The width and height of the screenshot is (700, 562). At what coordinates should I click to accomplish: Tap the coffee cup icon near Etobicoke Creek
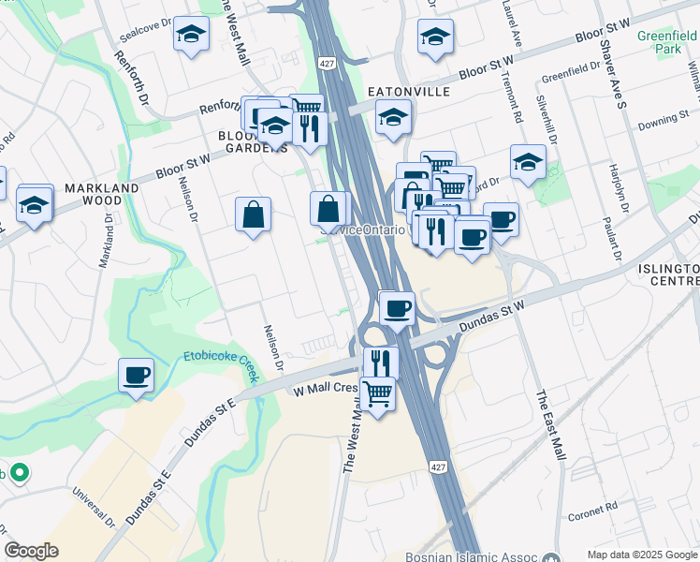point(137,376)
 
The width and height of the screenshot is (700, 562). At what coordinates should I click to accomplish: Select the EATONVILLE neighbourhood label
point(409,92)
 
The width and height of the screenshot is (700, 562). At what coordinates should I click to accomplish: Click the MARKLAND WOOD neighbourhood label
point(102,194)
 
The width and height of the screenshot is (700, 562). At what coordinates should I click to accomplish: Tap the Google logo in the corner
point(31,551)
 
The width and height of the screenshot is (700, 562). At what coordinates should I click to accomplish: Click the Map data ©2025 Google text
point(643,555)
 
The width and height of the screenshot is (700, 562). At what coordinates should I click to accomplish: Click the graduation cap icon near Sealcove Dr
point(192,36)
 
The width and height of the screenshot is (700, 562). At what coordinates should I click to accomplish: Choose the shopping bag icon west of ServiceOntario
point(254,215)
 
